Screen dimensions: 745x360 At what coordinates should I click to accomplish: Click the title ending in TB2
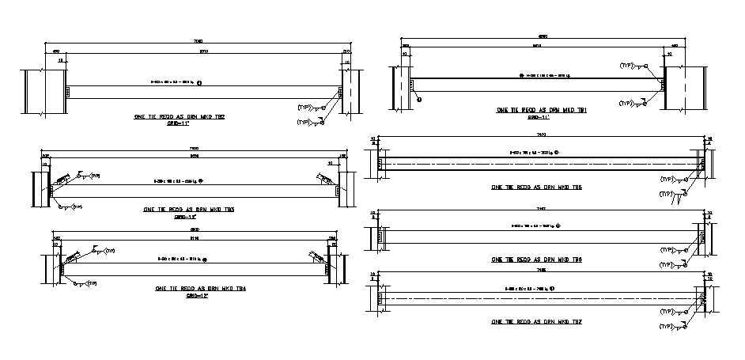point(180,116)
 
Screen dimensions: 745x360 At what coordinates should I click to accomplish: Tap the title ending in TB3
point(187,210)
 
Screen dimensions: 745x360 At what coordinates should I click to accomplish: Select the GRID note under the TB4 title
point(195,297)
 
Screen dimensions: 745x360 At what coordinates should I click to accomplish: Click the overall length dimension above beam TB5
point(542,137)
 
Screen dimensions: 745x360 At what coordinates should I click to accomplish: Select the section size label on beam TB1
point(543,76)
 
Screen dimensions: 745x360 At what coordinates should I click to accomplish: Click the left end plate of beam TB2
point(68,92)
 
